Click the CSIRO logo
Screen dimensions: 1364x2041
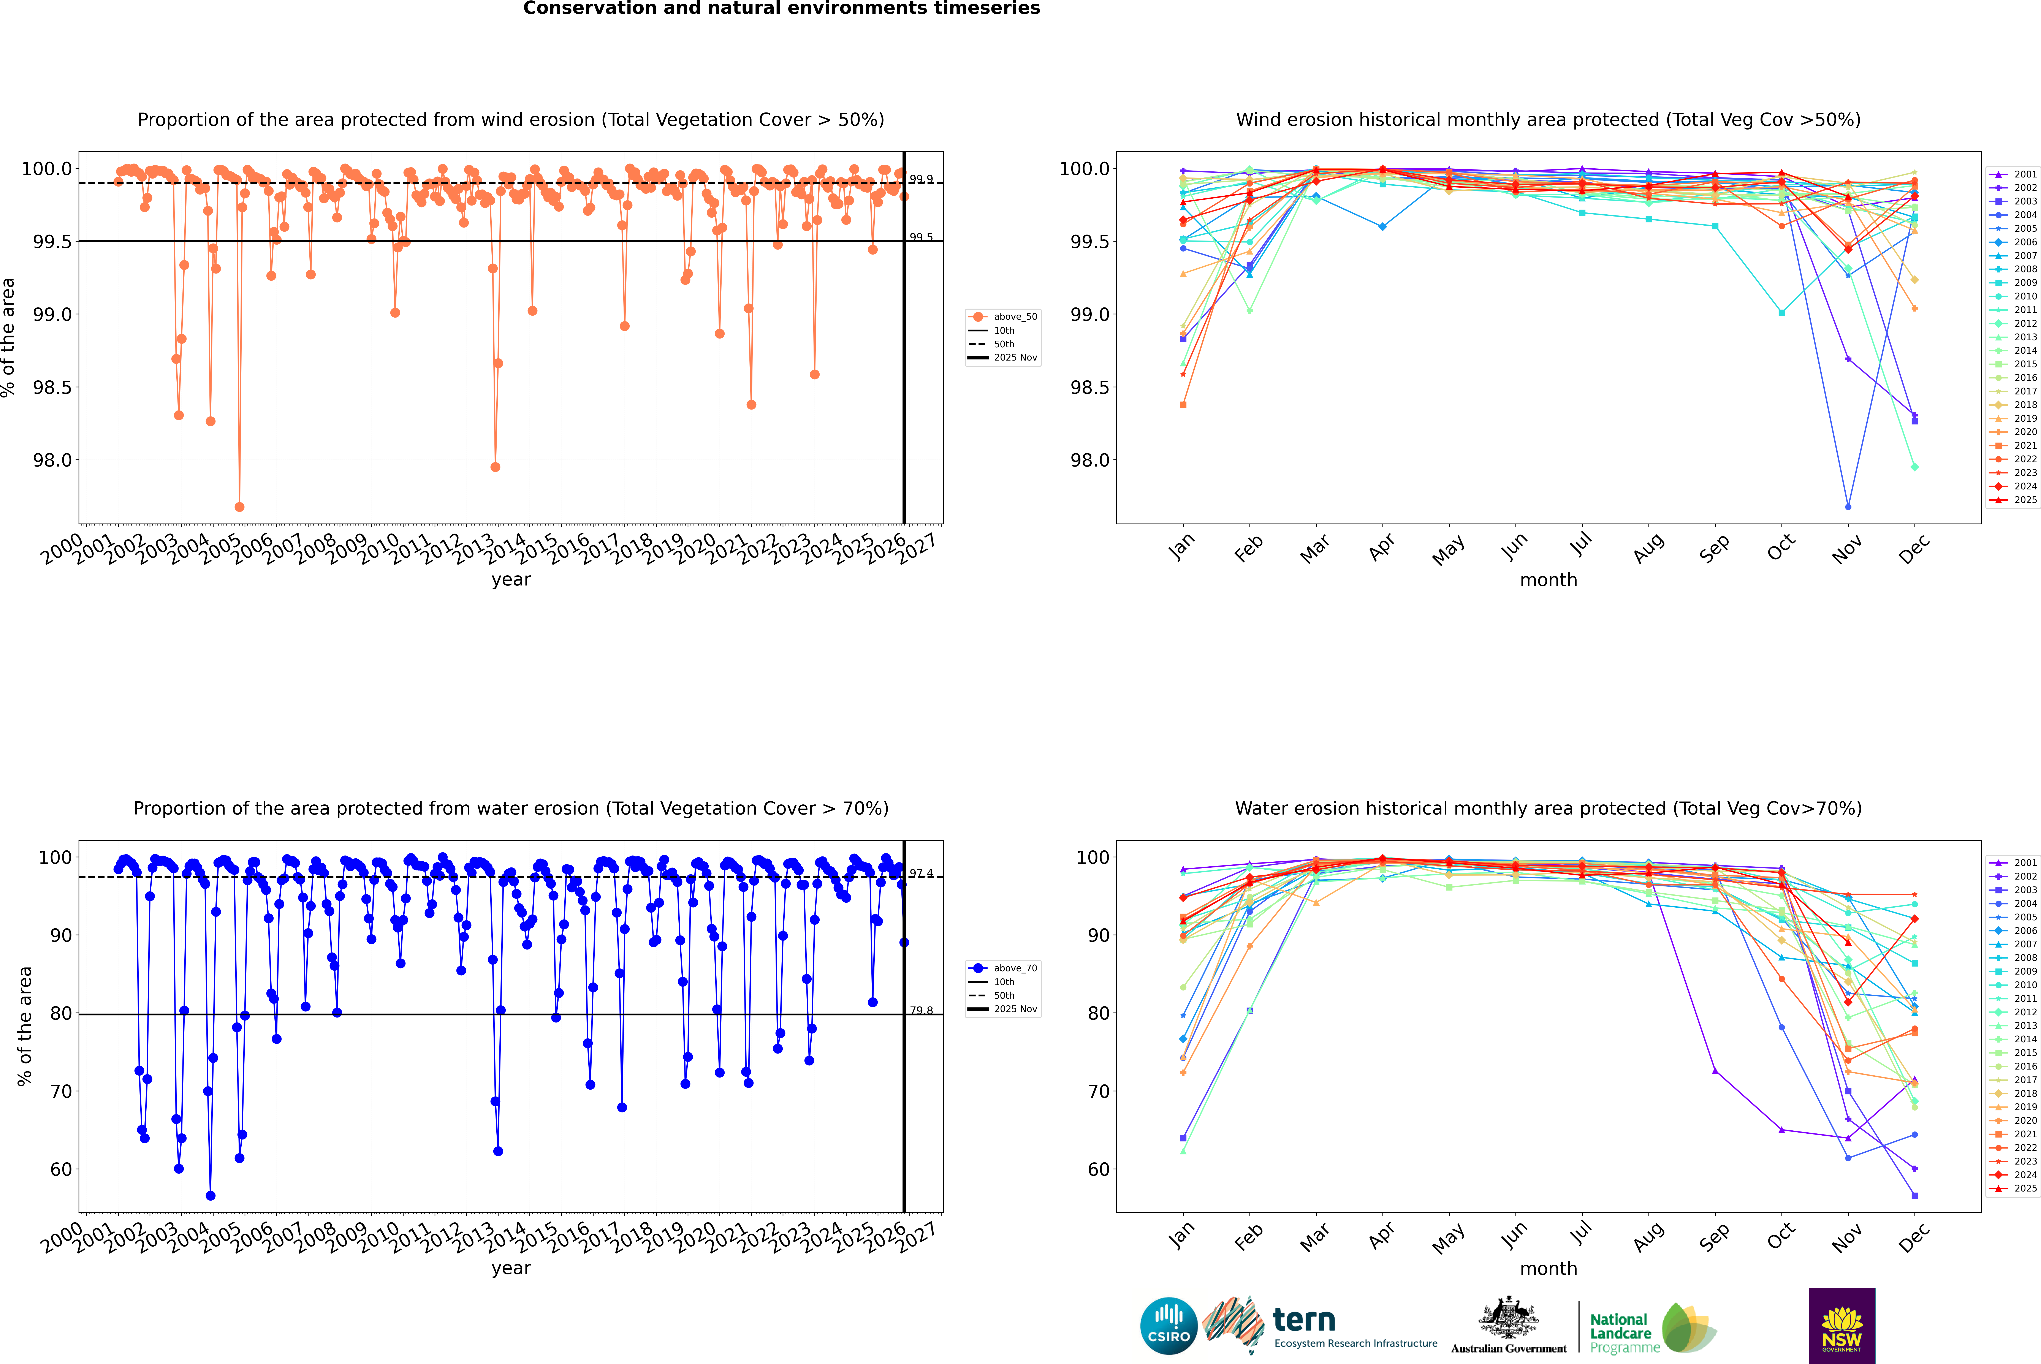1169,1326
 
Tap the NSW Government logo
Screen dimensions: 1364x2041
1842,1326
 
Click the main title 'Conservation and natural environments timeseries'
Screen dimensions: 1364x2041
781,9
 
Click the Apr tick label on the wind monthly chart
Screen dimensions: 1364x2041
1381,548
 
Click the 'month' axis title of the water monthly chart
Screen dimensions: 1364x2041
1548,1268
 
